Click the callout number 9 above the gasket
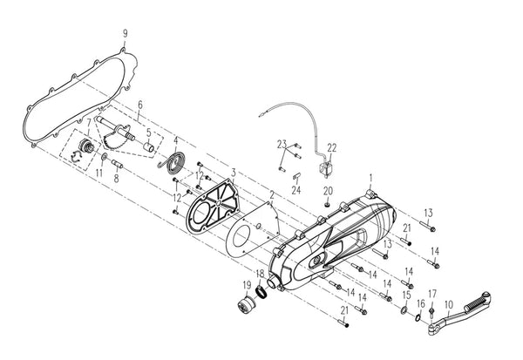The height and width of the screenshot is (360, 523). pyautogui.click(x=125, y=33)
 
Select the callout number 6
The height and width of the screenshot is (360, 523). pyautogui.click(x=140, y=105)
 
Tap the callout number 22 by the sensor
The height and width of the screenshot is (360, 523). pyautogui.click(x=332, y=147)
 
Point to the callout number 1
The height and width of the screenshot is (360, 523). pyautogui.click(x=370, y=179)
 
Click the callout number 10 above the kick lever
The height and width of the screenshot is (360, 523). pyautogui.click(x=449, y=304)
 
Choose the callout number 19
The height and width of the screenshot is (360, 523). pyautogui.click(x=247, y=285)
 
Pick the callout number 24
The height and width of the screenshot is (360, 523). pyautogui.click(x=296, y=190)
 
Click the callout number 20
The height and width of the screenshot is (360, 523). pyautogui.click(x=329, y=191)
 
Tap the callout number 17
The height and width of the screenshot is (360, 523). pyautogui.click(x=432, y=294)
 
